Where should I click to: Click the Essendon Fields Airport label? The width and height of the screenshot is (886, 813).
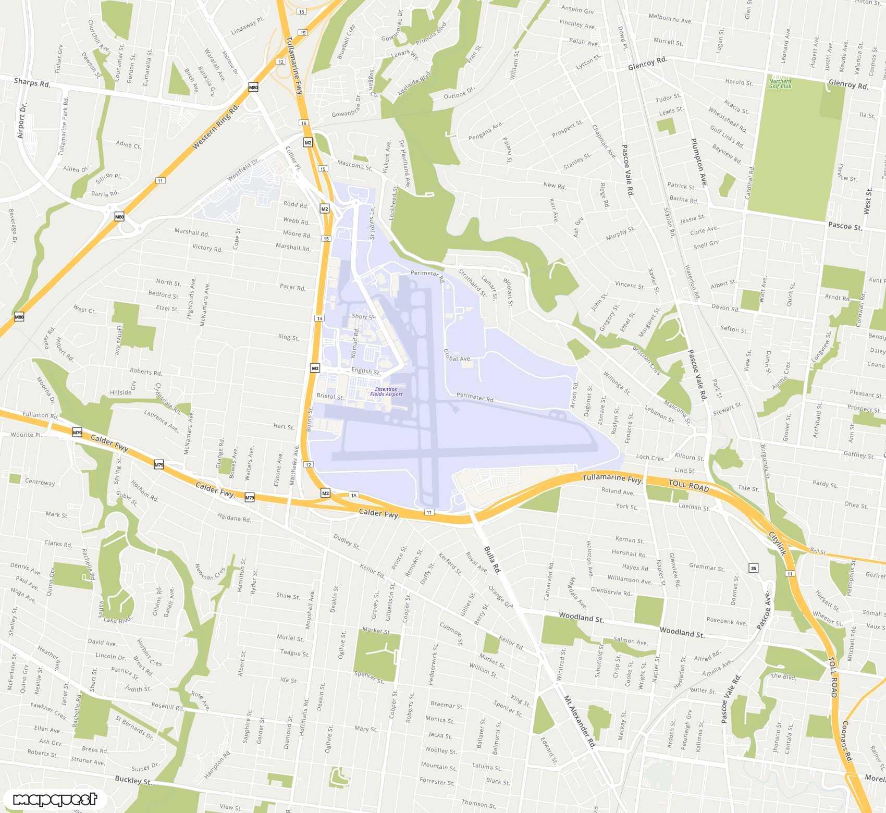[386, 391]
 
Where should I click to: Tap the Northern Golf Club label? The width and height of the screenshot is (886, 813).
[780, 83]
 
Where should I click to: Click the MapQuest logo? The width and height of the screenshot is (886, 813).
[55, 799]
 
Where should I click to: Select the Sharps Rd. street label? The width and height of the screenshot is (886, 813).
[32, 82]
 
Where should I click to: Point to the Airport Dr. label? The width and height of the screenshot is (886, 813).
[21, 120]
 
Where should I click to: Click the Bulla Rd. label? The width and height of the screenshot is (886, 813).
[491, 560]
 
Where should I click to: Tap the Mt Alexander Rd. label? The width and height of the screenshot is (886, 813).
[579, 721]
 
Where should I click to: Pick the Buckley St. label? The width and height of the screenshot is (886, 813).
[133, 780]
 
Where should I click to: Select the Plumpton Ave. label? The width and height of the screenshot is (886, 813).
[699, 163]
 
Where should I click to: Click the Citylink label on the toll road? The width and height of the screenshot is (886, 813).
[778, 543]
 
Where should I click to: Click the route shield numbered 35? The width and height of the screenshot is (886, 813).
[753, 568]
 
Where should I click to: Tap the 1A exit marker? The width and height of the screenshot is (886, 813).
[354, 495]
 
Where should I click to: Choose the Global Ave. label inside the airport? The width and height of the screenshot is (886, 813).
[458, 355]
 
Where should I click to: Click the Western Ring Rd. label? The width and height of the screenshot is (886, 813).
[215, 126]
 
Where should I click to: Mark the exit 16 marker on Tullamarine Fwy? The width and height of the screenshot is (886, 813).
[304, 123]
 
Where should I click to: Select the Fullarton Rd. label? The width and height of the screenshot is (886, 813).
[40, 415]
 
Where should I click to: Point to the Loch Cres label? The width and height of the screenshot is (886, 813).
[650, 457]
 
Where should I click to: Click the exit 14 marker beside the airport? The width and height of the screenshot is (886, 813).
[319, 318]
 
